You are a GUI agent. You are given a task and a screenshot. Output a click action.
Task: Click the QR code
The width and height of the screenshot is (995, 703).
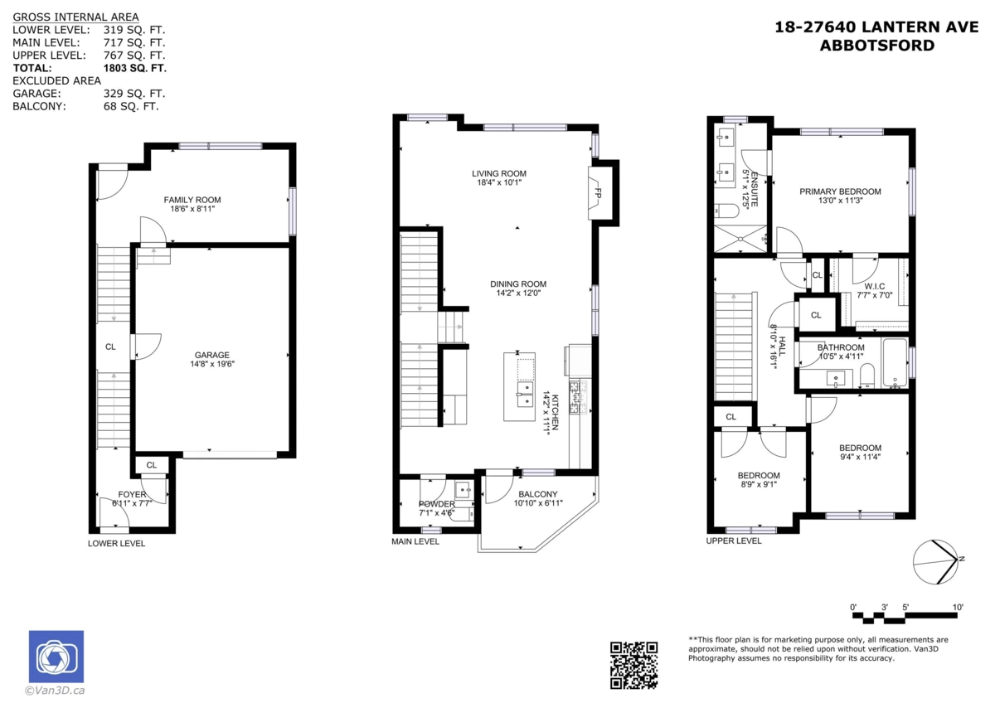(x=633, y=665)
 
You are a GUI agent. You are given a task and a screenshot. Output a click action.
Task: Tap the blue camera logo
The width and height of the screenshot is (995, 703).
(x=56, y=656)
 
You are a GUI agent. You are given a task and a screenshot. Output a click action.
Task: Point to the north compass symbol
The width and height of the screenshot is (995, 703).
(x=935, y=562)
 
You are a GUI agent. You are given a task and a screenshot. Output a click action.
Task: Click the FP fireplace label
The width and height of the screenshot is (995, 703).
(x=598, y=194)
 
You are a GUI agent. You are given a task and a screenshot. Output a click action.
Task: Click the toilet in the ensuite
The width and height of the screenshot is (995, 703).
(x=726, y=210)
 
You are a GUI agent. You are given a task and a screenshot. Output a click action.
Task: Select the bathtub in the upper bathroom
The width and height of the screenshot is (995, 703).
(x=895, y=363)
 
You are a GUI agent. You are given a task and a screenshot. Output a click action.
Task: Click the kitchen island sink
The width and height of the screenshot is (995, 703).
(x=525, y=394)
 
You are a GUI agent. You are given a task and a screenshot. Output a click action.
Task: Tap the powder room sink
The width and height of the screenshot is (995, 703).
(x=464, y=490)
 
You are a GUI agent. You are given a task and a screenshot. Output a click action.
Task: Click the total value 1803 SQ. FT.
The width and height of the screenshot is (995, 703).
(x=135, y=68)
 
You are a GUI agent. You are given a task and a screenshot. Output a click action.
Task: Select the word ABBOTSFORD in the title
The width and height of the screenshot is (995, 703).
(x=877, y=46)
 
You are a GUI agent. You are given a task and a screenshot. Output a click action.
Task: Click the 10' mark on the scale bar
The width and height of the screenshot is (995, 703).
(x=958, y=607)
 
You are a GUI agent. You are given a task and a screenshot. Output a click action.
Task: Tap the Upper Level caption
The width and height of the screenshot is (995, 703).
(x=734, y=541)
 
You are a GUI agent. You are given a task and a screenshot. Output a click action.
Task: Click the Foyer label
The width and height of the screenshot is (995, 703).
(x=132, y=494)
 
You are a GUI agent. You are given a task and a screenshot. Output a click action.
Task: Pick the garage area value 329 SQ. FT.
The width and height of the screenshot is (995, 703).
(x=134, y=94)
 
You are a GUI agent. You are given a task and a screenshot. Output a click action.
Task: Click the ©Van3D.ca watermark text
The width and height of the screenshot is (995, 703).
(x=55, y=691)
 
